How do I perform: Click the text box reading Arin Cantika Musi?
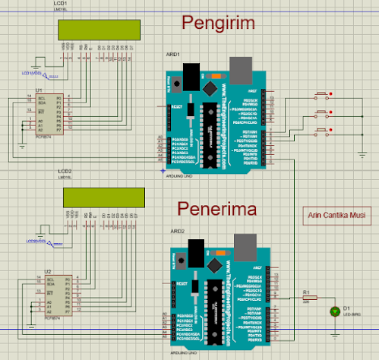pyautogui.click(x=335, y=216)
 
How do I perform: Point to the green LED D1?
pyautogui.click(x=334, y=311)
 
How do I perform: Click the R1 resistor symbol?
pyautogui.click(x=308, y=299)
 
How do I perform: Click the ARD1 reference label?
pyautogui.click(x=174, y=55)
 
